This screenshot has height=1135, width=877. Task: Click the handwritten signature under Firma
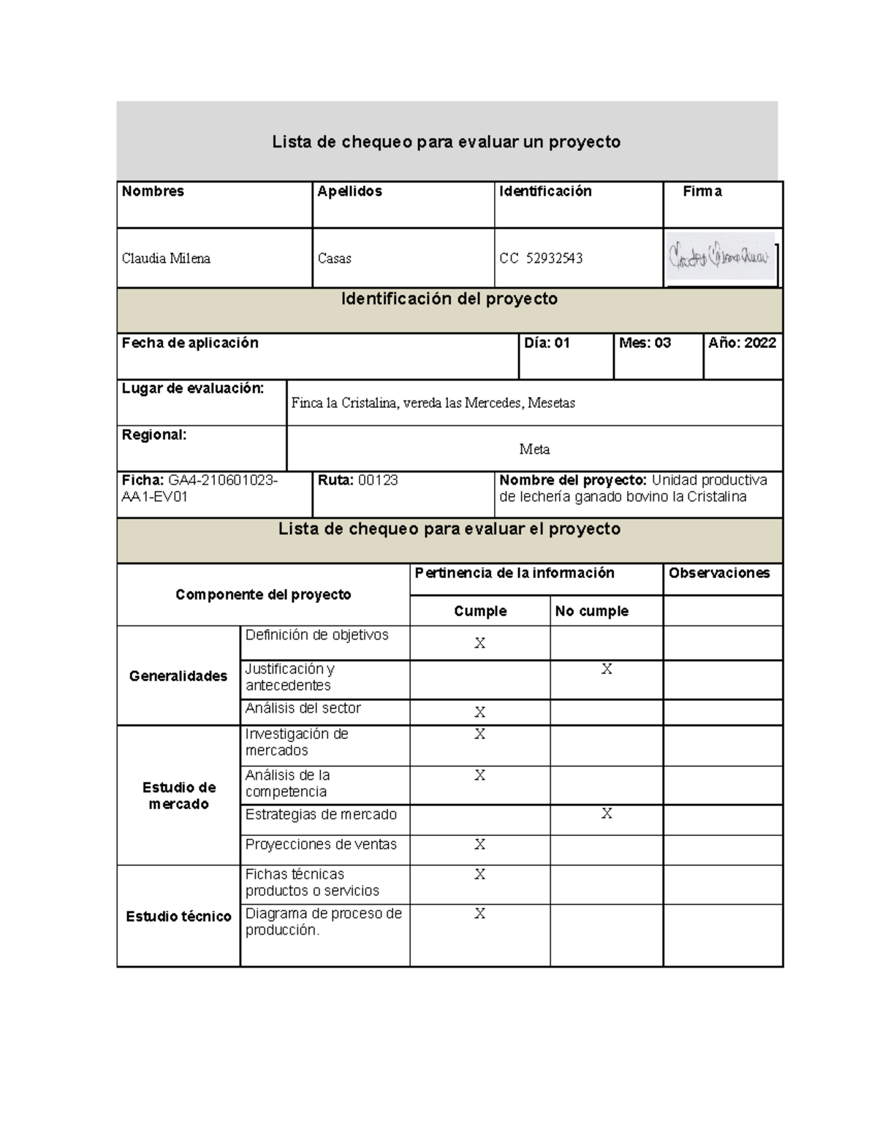pyautogui.click(x=720, y=257)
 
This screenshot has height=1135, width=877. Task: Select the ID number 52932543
pyautogui.click(x=554, y=259)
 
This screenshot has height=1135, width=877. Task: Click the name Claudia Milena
pyautogui.click(x=166, y=259)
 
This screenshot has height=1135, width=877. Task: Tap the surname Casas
pyautogui.click(x=335, y=259)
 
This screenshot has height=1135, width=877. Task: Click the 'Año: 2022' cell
pyautogui.click(x=742, y=343)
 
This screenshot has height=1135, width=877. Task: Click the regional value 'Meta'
pyautogui.click(x=534, y=449)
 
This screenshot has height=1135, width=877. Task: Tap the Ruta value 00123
pyautogui.click(x=378, y=481)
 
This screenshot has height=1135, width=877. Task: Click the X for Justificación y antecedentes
pyautogui.click(x=607, y=669)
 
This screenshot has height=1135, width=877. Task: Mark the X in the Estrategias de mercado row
pyautogui.click(x=607, y=814)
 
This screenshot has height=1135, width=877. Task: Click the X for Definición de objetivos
pyautogui.click(x=479, y=643)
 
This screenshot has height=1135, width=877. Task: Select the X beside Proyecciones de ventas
pyautogui.click(x=479, y=845)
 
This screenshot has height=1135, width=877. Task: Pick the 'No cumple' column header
pyautogui.click(x=591, y=611)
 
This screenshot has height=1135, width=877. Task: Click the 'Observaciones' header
pyautogui.click(x=719, y=574)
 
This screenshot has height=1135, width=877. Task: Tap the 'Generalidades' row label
pyautogui.click(x=178, y=676)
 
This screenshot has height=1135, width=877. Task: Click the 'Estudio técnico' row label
pyautogui.click(x=178, y=916)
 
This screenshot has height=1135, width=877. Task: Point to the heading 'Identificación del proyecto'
pyautogui.click(x=449, y=300)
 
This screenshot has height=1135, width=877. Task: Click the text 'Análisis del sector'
pyautogui.click(x=303, y=708)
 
